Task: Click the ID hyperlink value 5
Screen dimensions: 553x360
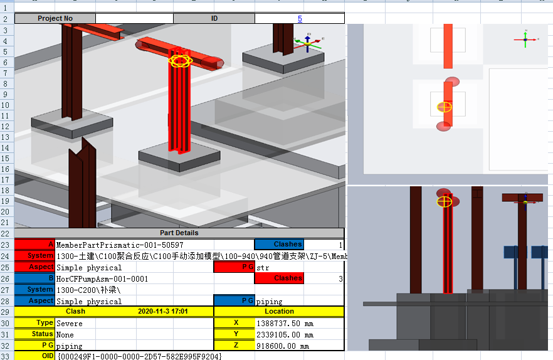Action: pos(300,19)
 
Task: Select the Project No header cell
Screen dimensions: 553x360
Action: pos(55,18)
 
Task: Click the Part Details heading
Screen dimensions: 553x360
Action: pos(179,233)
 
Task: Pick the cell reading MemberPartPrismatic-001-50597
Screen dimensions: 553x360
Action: pos(120,245)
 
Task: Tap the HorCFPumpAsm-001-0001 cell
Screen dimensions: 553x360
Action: pos(102,279)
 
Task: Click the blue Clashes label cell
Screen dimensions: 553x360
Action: pos(279,244)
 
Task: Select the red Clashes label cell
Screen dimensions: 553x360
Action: pos(279,278)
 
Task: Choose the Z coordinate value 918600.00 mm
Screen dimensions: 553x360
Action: pos(283,346)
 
